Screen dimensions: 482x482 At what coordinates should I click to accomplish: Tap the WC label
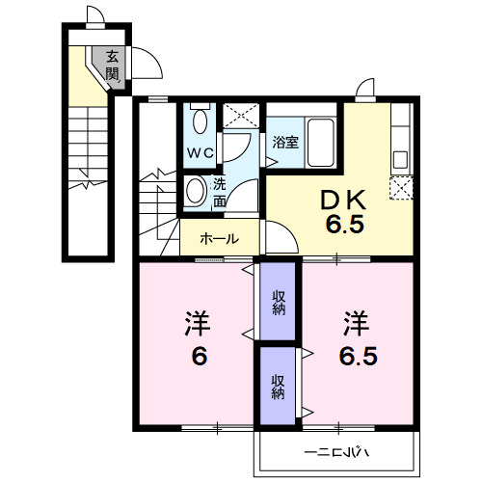pos(200,151)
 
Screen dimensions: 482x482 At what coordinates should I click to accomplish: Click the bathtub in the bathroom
pos(319,141)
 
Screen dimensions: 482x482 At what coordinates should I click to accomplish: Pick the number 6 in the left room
pos(198,357)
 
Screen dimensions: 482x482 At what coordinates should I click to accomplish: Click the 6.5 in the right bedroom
pos(356,357)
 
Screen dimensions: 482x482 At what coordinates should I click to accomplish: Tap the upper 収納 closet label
pos(278,304)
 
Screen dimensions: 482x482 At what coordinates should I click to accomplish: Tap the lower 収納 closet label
pos(278,386)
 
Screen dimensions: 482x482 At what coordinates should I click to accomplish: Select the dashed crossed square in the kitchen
pos(400,187)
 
